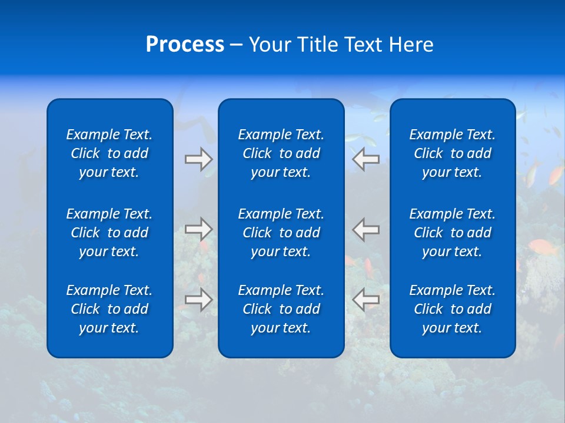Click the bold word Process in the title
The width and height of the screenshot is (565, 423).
pyautogui.click(x=185, y=45)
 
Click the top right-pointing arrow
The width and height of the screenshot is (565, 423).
pyautogui.click(x=199, y=159)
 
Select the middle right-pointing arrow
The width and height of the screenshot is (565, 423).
pyautogui.click(x=199, y=229)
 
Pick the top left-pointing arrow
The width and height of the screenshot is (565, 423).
pyautogui.click(x=366, y=159)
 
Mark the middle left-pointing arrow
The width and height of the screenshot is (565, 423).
pyautogui.click(x=366, y=229)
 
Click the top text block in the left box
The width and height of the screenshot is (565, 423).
pyautogui.click(x=109, y=153)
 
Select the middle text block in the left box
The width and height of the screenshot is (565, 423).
pyautogui.click(x=109, y=233)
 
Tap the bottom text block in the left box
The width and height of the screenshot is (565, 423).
pyautogui.click(x=109, y=309)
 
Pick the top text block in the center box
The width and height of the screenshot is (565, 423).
pyautogui.click(x=281, y=153)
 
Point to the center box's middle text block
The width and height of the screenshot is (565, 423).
pyautogui.click(x=281, y=233)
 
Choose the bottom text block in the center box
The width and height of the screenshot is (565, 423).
pyautogui.click(x=281, y=309)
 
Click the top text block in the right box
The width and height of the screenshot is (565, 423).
pyautogui.click(x=453, y=153)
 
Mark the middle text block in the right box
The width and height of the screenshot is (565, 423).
pyautogui.click(x=453, y=233)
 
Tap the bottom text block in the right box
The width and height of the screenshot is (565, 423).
pyautogui.click(x=453, y=309)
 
